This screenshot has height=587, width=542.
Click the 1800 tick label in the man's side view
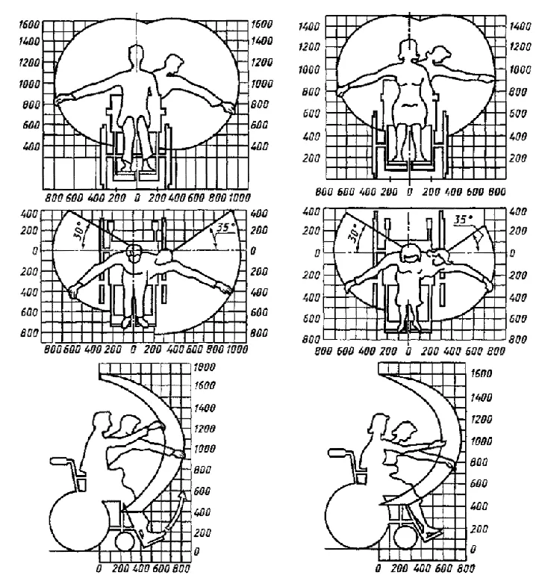[203, 368]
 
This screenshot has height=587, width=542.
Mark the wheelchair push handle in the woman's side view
[338, 453]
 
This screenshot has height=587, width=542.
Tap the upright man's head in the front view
[135, 56]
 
